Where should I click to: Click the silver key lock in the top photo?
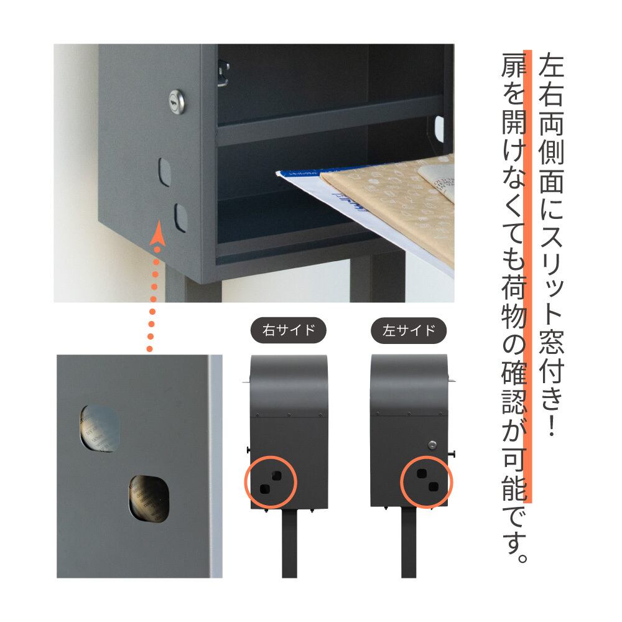tap(177, 102)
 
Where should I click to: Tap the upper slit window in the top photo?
tap(165, 172)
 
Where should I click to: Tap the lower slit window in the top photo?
tap(180, 217)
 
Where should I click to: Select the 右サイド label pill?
tap(289, 330)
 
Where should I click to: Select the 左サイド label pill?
tap(409, 330)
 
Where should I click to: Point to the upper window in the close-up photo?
tap(100, 429)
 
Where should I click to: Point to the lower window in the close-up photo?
tap(149, 499)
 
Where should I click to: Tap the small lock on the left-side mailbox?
tap(432, 445)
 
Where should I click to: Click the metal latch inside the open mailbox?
tap(223, 73)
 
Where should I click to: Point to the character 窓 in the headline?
tap(551, 341)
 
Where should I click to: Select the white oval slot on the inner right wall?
tap(439, 129)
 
